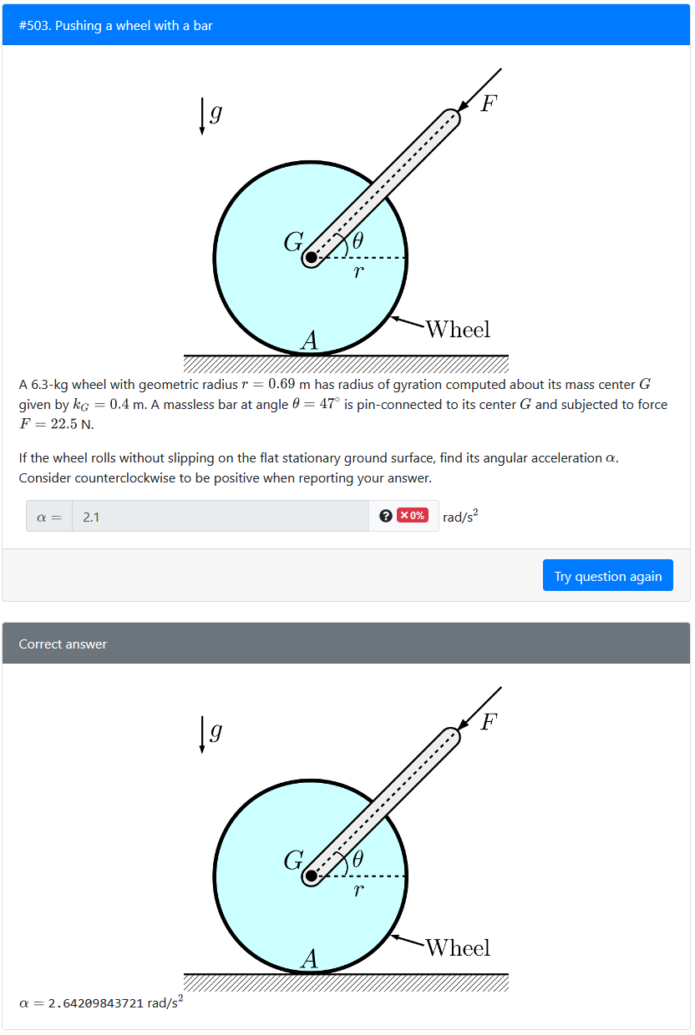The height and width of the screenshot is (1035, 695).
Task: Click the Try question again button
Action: [x=607, y=576]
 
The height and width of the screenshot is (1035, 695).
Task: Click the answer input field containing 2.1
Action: [x=221, y=517]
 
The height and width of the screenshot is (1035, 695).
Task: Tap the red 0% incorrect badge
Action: [x=413, y=516]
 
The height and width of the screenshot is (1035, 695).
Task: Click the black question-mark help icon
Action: [x=385, y=516]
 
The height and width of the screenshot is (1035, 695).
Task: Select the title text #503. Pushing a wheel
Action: [x=116, y=26]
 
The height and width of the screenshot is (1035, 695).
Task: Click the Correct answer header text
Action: [x=63, y=644]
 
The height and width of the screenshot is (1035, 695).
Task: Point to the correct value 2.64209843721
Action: [x=97, y=1002]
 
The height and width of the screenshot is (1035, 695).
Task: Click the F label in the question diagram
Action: [x=489, y=103]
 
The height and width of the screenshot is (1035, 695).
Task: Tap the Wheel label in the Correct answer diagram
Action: [x=458, y=947]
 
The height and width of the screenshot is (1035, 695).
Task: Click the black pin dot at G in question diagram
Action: [x=312, y=258]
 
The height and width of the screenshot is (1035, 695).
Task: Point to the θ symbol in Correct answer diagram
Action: [x=358, y=859]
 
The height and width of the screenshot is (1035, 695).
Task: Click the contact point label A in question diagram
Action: [x=310, y=341]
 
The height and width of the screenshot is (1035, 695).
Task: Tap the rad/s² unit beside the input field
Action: [x=460, y=517]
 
